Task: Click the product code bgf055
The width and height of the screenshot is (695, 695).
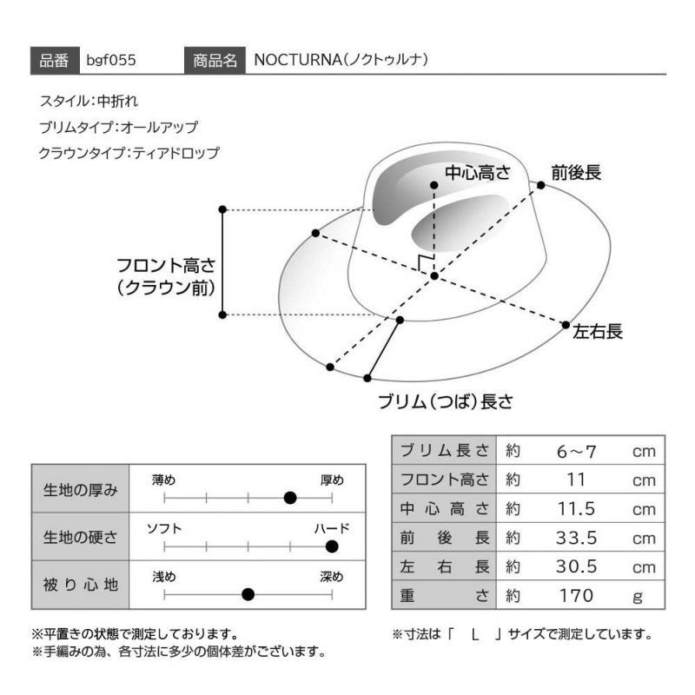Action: click(111, 60)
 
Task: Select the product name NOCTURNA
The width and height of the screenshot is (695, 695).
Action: click(297, 60)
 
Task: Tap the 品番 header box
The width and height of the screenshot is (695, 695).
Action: click(55, 60)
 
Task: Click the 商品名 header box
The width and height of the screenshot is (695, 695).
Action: click(215, 60)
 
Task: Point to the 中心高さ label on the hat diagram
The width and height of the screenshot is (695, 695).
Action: click(478, 172)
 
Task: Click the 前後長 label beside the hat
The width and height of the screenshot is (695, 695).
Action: click(576, 172)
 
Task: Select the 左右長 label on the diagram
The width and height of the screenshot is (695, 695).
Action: click(598, 331)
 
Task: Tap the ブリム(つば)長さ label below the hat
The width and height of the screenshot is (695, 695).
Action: click(446, 401)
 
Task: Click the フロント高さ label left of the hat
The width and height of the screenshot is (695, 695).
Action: click(166, 266)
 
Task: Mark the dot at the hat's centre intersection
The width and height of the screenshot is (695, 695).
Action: click(434, 276)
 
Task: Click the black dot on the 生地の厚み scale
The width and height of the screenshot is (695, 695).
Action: click(290, 498)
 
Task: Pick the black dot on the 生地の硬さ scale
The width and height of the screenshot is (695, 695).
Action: click(332, 546)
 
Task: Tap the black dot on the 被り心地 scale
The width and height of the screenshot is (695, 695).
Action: click(248, 594)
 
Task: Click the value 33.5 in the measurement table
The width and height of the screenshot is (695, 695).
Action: click(576, 538)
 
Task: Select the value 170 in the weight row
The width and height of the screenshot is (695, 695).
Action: click(576, 596)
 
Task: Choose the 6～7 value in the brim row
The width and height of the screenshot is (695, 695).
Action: click(576, 451)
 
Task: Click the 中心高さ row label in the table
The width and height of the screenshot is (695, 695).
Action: click(445, 509)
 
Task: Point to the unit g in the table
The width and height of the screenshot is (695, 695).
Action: click(638, 597)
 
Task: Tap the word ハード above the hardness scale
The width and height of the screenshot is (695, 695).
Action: click(332, 528)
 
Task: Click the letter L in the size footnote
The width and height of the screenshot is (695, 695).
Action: click(475, 635)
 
